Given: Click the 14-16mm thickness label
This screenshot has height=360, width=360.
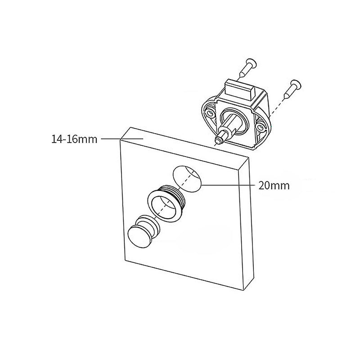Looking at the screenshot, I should pyautogui.click(x=74, y=139).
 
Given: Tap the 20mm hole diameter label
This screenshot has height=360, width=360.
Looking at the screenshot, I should pyautogui.click(x=274, y=184).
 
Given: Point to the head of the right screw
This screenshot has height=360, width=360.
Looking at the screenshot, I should pyautogui.click(x=295, y=81).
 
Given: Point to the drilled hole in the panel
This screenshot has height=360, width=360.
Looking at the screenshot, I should pyautogui.click(x=187, y=178).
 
